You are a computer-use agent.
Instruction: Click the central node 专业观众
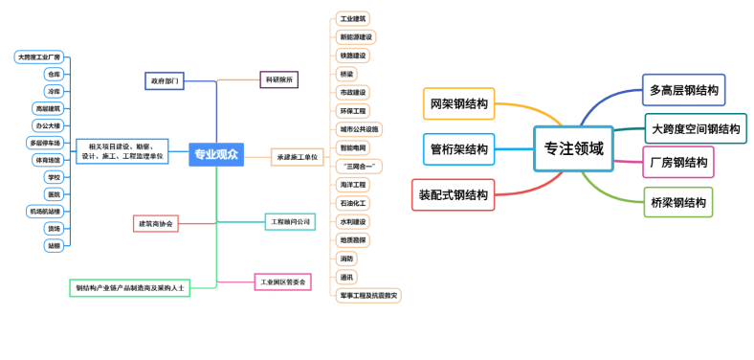click(216, 153)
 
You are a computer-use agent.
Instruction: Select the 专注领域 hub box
click(573, 148)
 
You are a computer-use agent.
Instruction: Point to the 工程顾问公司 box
click(291, 221)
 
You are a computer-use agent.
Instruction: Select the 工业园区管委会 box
click(283, 281)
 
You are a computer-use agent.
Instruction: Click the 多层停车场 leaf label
click(46, 143)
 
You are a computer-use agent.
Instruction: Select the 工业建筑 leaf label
click(353, 19)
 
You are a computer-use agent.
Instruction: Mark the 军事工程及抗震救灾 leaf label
click(368, 296)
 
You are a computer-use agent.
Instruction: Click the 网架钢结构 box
click(459, 103)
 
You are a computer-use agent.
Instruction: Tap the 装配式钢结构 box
click(454, 194)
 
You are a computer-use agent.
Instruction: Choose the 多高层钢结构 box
click(684, 90)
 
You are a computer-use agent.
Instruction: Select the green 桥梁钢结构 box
click(677, 202)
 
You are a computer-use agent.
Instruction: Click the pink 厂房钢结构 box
click(678, 163)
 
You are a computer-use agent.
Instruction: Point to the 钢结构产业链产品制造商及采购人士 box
click(130, 287)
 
